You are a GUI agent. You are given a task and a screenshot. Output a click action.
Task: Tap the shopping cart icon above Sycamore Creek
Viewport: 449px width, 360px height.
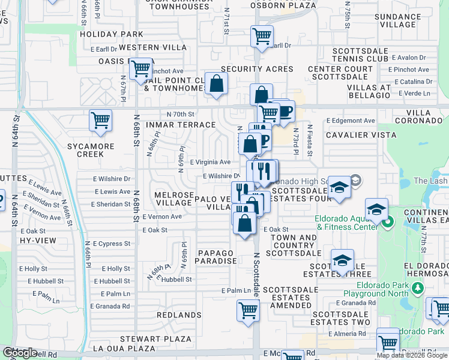click(x=100, y=120)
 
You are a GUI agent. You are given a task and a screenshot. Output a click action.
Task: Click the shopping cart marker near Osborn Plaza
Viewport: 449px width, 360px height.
click(x=262, y=37)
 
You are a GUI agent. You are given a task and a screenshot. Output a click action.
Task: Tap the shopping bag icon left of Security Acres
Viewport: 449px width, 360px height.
click(x=216, y=84)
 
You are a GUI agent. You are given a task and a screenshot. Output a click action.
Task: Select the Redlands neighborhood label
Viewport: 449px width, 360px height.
click(x=179, y=314)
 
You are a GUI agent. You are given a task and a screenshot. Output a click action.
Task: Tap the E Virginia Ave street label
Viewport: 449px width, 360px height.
click(x=210, y=162)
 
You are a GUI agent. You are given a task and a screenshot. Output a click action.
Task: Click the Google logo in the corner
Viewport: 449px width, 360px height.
click(x=20, y=353)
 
